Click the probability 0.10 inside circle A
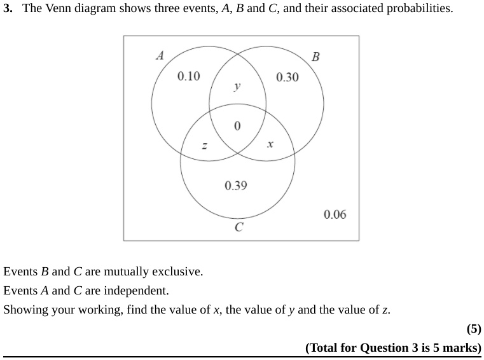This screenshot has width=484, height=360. pos(189,76)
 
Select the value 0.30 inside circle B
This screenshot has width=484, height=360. pos(287,77)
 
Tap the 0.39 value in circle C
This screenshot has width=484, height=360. pos(236,186)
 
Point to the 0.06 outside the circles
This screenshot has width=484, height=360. pos(335,214)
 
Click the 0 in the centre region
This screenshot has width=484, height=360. pos(237,126)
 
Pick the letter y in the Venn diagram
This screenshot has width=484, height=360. pos(237,87)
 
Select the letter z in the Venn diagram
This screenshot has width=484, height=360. pos(204,145)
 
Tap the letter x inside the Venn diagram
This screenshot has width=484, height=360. pos(270,144)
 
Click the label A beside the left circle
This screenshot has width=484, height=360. pos(160,55)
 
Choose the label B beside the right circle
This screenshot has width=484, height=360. pos(315,57)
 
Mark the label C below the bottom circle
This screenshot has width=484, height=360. pos(239,227)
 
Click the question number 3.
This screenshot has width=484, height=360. pos(8,8)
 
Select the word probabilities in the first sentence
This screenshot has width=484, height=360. pos(420,8)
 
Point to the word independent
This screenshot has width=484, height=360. pos(136,291)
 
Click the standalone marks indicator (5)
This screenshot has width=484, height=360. pos(474,329)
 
